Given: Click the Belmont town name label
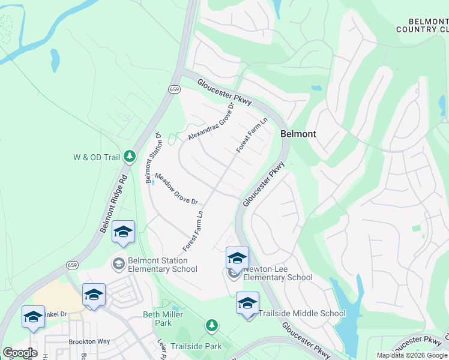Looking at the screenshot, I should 298,134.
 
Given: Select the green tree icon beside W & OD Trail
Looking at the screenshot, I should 130,157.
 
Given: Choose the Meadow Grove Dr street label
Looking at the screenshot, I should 176,189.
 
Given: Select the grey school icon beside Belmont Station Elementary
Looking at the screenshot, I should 118,263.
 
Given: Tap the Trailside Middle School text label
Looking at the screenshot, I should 301,313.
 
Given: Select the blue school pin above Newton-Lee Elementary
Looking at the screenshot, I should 237,259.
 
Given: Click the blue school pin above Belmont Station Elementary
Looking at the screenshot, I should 123,232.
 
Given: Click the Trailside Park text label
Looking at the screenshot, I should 196,346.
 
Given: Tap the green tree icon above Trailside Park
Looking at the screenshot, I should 211,325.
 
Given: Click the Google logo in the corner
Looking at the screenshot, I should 20,353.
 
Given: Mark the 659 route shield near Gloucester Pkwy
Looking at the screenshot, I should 174,89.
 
